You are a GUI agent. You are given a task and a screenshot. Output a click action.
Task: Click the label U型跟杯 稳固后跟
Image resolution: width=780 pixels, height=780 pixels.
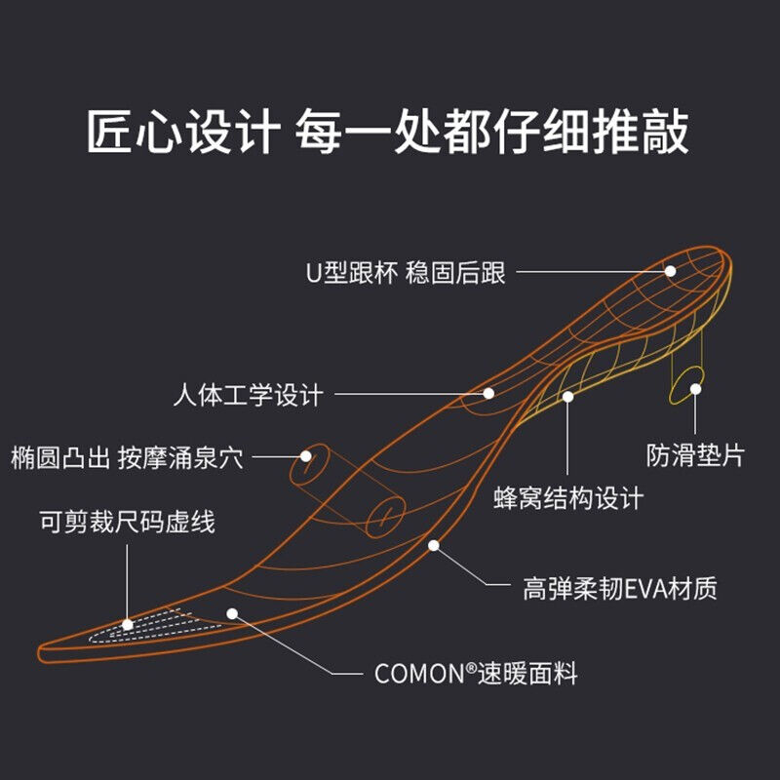point(406,272)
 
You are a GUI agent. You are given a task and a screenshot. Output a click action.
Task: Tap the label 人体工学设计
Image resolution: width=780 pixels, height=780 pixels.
point(248,396)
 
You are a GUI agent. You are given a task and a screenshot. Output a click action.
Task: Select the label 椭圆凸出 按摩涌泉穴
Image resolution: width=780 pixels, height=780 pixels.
point(127,456)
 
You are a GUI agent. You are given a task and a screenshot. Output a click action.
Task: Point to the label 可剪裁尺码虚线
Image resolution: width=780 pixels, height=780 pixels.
point(127,522)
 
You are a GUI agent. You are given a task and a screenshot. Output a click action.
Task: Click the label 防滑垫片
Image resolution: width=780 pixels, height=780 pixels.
point(695,455)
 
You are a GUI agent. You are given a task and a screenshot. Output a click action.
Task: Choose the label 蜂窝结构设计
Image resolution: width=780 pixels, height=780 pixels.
point(569,498)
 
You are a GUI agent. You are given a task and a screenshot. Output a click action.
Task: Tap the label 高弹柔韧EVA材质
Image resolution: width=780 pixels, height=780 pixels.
point(620,588)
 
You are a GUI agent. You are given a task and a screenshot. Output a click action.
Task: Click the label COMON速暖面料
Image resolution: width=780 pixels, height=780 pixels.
point(476,673)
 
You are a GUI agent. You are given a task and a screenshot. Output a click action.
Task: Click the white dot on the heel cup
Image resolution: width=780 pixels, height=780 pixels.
point(670,271)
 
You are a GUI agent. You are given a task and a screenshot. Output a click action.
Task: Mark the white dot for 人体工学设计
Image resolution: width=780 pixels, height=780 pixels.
point(489,393)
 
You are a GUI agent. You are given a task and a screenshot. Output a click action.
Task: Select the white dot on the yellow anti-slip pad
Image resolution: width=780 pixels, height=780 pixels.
point(696,389)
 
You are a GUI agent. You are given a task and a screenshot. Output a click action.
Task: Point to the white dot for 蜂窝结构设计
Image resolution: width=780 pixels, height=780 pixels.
point(568,396)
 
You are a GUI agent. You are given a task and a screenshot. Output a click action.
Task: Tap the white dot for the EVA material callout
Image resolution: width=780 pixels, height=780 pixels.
point(434,545)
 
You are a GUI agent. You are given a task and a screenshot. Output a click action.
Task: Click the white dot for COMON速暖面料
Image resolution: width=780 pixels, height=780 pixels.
point(232,613)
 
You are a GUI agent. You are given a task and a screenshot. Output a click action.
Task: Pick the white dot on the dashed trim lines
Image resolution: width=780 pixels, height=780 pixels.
point(128,624)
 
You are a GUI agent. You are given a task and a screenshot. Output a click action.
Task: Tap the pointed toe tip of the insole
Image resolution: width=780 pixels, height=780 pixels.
point(44,649)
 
